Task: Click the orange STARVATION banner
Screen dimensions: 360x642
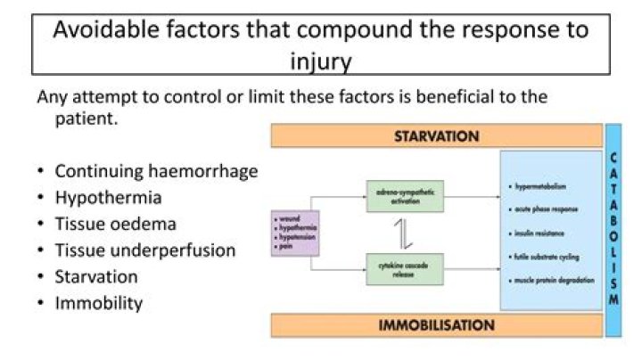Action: [436, 136]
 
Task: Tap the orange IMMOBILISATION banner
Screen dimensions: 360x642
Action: [436, 324]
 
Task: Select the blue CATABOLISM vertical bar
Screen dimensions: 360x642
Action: [613, 230]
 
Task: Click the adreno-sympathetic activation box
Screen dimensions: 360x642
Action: [404, 195]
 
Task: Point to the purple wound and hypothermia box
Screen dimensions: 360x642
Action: [294, 233]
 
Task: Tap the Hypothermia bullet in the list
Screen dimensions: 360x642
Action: [108, 197]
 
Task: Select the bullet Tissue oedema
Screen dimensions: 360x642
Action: [115, 224]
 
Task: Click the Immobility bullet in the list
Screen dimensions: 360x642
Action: [98, 303]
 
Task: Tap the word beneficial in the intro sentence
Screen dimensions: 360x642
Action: [465, 96]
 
